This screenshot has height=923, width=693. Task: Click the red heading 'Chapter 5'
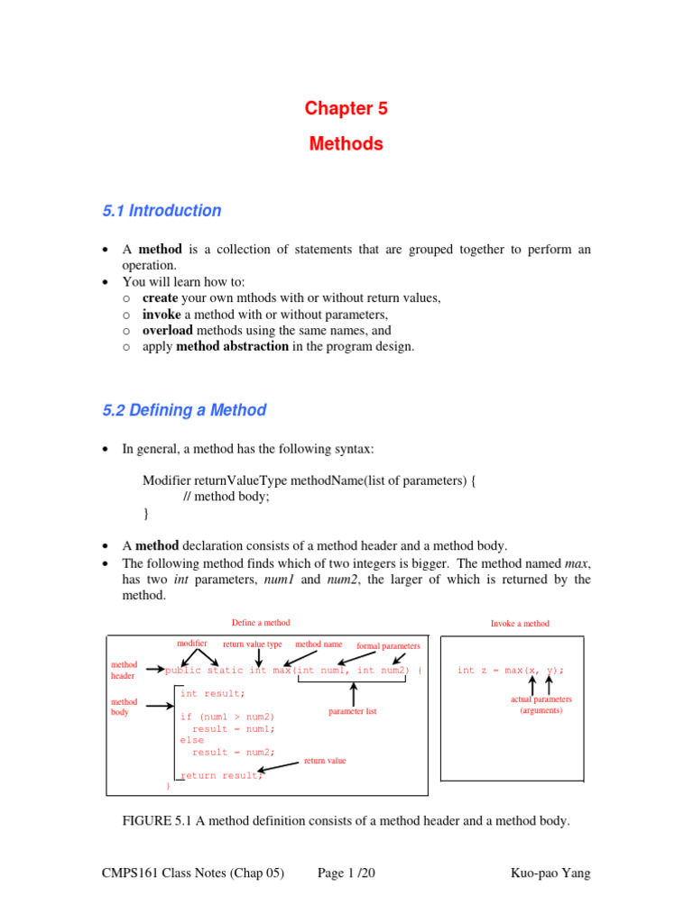tap(346, 109)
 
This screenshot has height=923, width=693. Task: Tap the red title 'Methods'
tap(346, 144)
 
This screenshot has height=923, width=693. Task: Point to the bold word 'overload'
tap(168, 330)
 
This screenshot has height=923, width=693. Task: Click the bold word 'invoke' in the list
tap(162, 314)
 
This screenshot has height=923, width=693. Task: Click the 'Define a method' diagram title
tap(261, 623)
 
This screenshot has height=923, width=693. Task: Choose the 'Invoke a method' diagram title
tap(520, 624)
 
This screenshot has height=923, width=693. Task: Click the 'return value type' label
tap(253, 644)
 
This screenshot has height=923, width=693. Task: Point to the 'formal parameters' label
tap(388, 646)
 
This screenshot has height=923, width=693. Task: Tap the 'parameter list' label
tap(353, 711)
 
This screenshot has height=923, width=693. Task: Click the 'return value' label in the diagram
tap(324, 761)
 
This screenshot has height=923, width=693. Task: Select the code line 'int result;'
tap(212, 693)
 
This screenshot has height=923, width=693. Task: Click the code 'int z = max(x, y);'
tap(511, 670)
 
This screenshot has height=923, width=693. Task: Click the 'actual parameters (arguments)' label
tap(541, 705)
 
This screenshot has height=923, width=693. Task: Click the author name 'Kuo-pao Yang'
tap(550, 873)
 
